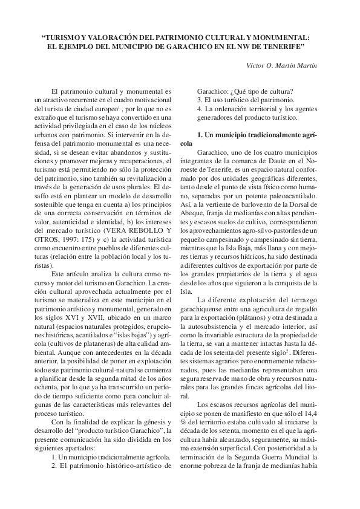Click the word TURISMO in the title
coord(66,36)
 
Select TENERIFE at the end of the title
coord(283,46)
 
